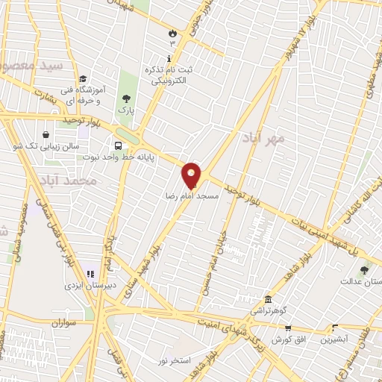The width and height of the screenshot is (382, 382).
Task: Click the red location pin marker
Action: [x=192, y=175]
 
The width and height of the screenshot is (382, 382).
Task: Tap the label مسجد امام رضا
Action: [x=192, y=195]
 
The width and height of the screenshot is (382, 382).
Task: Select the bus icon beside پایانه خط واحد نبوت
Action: [x=119, y=145]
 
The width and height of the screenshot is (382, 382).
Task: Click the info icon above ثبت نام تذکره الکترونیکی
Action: [x=169, y=57]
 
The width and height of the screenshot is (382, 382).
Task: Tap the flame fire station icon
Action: [x=172, y=33]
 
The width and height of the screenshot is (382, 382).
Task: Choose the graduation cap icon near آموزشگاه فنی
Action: [x=83, y=78]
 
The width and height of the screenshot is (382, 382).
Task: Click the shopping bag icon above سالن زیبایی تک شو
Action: [x=47, y=135]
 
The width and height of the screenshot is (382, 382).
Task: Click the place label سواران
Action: [x=65, y=322]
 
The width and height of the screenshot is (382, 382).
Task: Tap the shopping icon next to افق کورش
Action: [x=288, y=327]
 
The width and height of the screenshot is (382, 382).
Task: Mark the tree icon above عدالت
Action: [x=364, y=270]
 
